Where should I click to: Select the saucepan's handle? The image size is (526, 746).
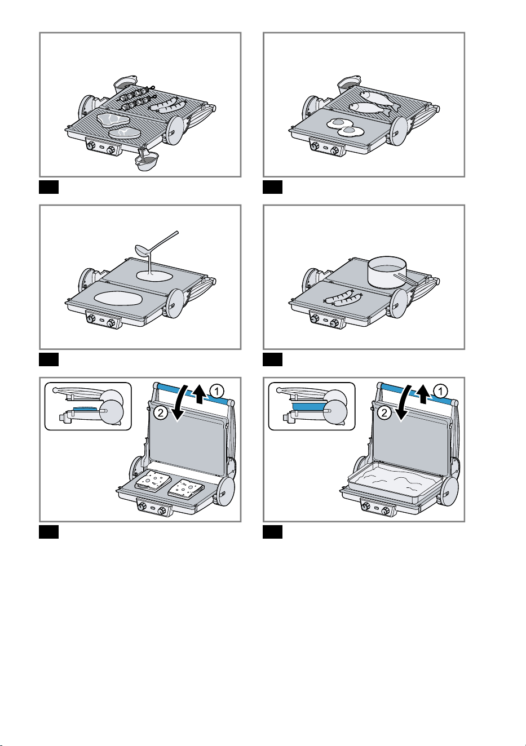pyautogui.click(x=405, y=278)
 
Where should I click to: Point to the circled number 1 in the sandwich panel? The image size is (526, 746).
pyautogui.click(x=217, y=391)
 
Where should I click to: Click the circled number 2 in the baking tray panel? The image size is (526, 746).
pyautogui.click(x=384, y=413)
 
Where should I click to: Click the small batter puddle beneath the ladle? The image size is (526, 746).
pyautogui.click(x=154, y=276)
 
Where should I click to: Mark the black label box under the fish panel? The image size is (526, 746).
pyautogui.click(x=273, y=187)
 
